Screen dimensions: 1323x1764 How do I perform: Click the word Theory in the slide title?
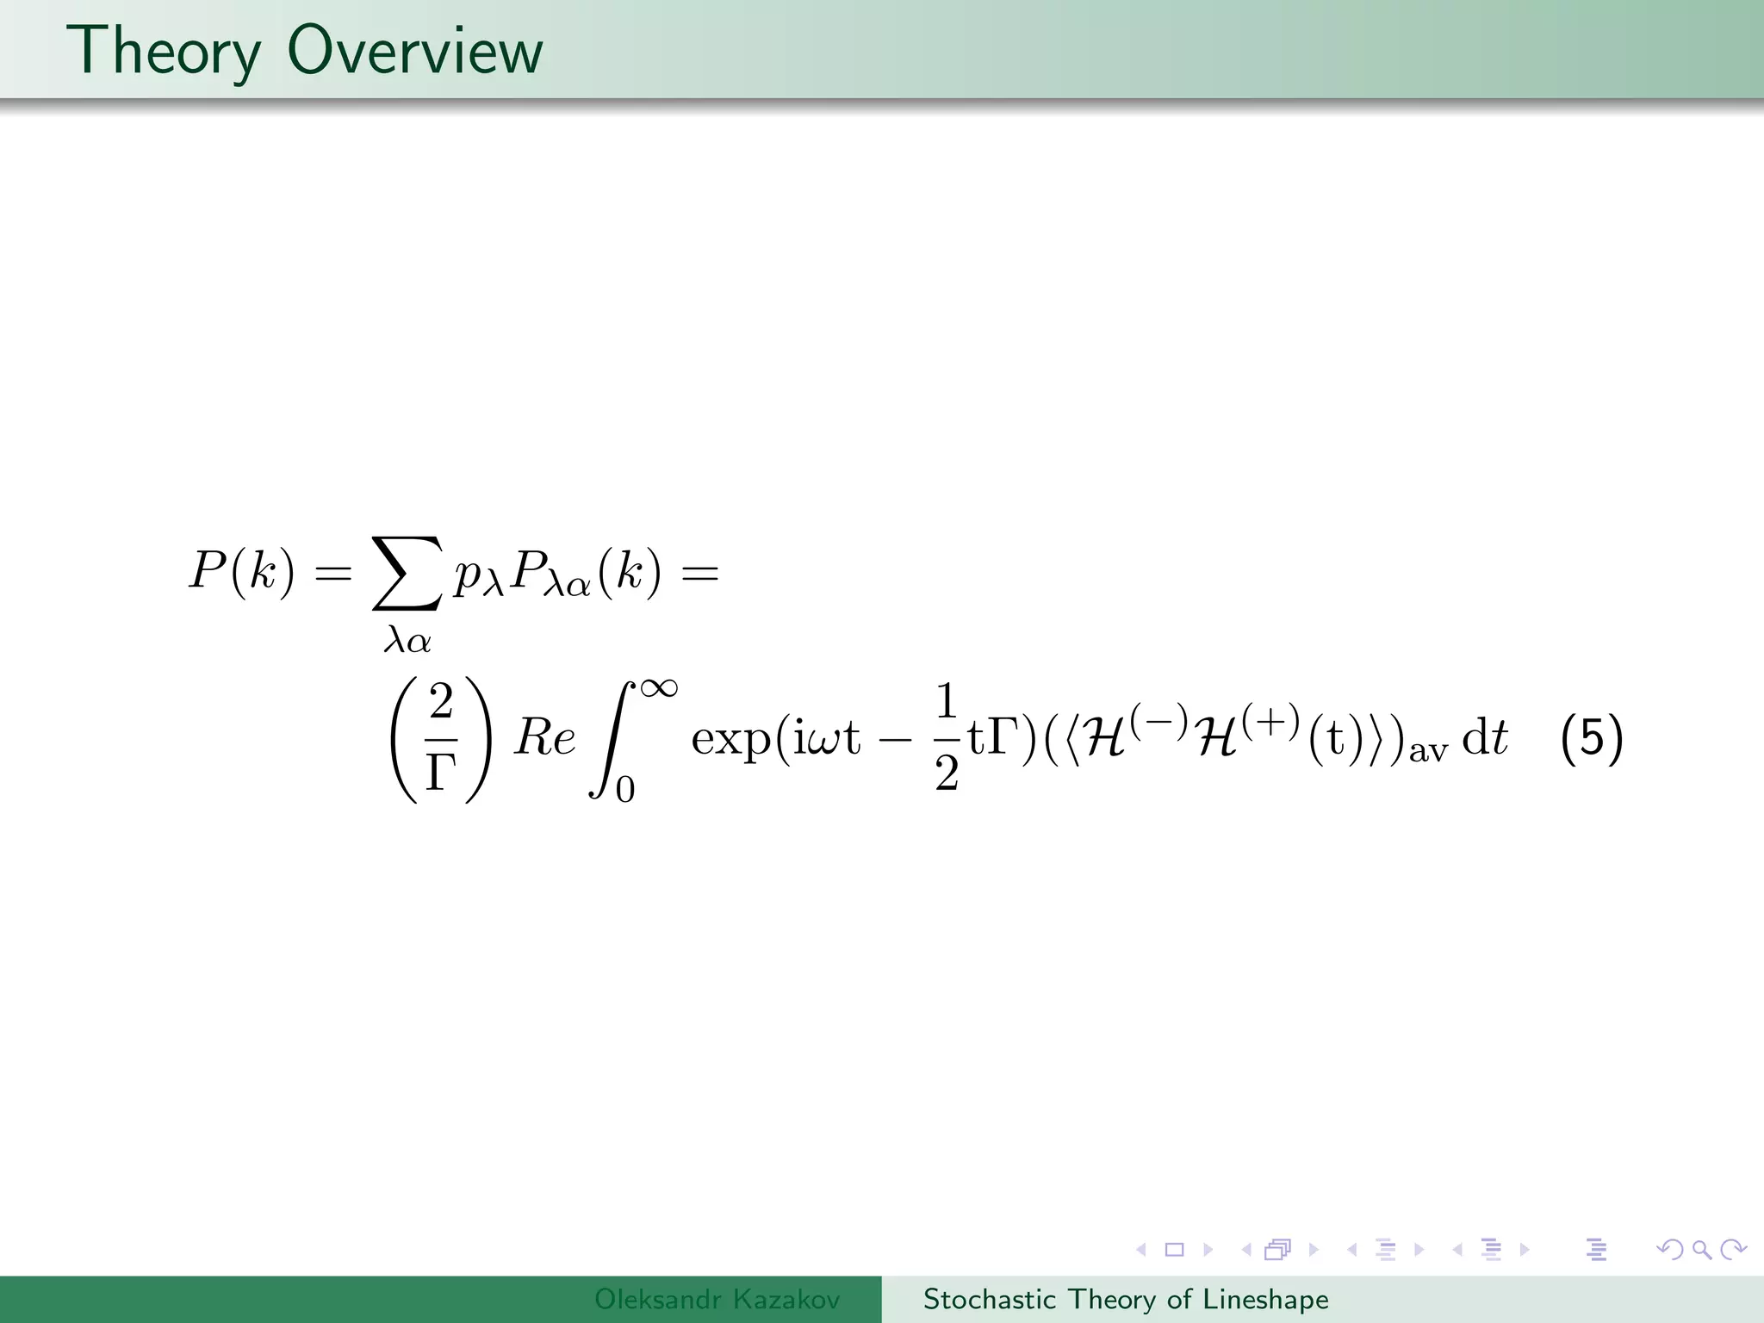164,52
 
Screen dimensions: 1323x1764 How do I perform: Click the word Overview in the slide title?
415,52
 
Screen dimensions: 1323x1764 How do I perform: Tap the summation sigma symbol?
407,574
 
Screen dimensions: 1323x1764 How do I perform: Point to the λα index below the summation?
407,640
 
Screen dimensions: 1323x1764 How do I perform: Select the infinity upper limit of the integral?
658,688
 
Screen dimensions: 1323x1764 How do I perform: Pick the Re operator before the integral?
544,739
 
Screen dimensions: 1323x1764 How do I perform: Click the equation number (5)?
1592,739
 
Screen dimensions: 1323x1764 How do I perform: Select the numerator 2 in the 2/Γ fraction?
441,701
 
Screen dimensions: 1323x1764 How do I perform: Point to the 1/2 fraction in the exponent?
947,737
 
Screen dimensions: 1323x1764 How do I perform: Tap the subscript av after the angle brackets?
1428,751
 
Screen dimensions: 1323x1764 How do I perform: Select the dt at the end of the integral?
1486,739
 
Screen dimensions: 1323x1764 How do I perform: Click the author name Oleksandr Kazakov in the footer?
717,1299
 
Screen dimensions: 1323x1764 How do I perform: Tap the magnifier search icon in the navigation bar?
1701,1249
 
